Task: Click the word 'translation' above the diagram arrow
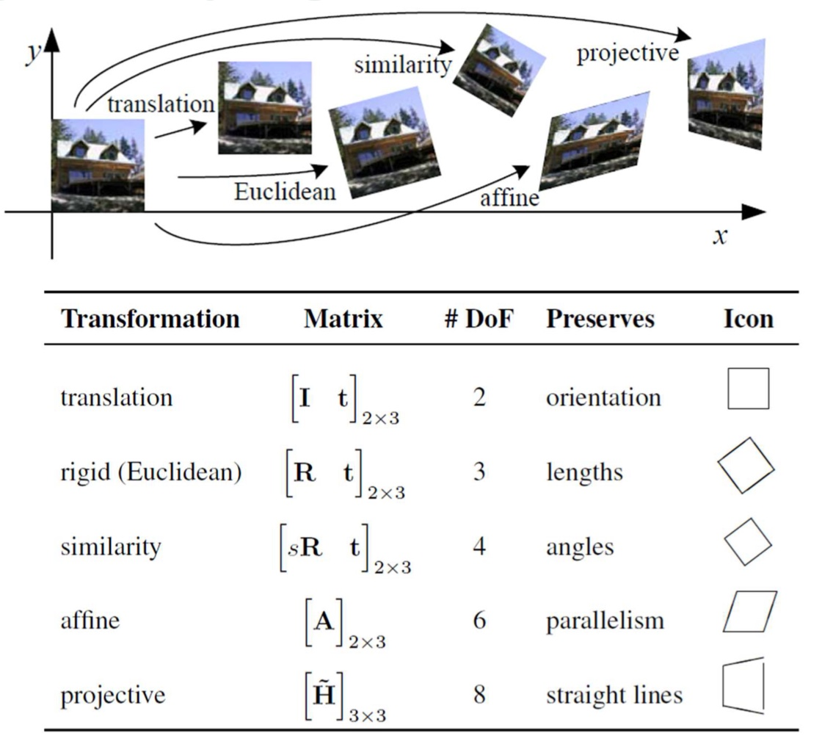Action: (x=161, y=104)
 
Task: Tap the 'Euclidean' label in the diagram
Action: (x=285, y=192)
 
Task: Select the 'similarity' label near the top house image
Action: (x=401, y=65)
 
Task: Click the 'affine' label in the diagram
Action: (x=509, y=198)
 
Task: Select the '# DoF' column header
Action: (x=478, y=319)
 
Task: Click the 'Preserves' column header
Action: (x=600, y=319)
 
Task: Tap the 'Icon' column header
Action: (x=748, y=319)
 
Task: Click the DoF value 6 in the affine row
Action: (x=479, y=620)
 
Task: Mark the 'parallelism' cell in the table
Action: (x=605, y=621)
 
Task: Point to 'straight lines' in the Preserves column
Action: (x=614, y=696)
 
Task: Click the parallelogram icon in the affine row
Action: (x=749, y=613)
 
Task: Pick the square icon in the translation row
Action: (x=748, y=389)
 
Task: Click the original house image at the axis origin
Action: (x=98, y=165)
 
